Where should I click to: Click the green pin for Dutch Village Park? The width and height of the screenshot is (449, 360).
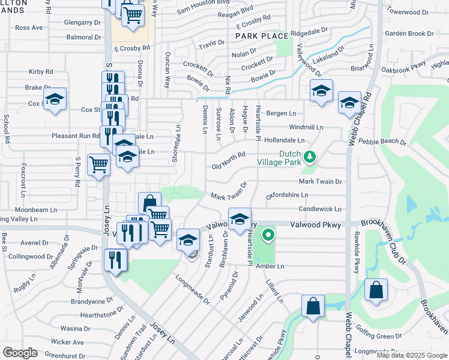click(310, 157)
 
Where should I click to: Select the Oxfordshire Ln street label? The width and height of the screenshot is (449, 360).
click(288, 196)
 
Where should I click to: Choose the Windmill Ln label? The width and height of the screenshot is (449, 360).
click(306, 127)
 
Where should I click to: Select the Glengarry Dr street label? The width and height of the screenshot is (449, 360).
click(83, 23)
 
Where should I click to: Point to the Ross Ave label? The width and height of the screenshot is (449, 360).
click(29, 28)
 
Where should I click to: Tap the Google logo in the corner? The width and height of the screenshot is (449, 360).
click(20, 352)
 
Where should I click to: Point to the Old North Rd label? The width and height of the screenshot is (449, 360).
click(229, 155)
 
